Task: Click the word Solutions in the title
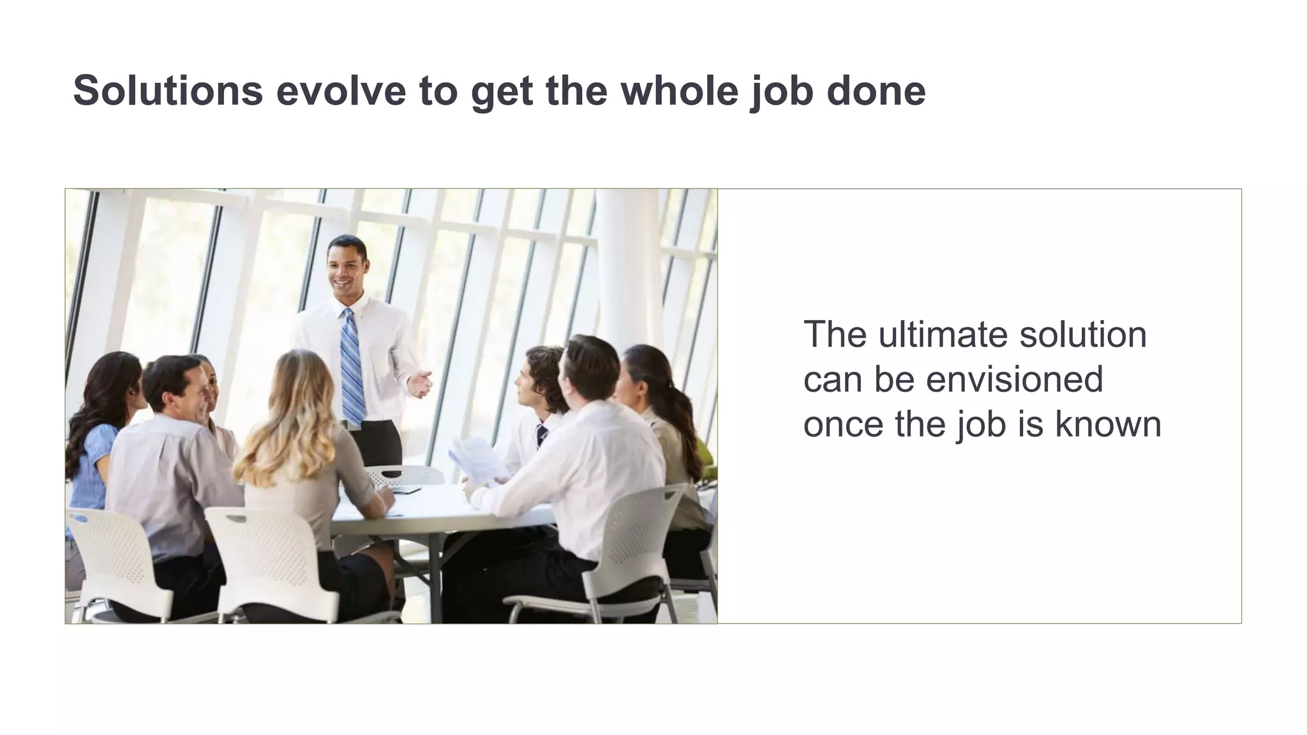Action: (x=168, y=90)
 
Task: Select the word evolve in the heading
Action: (x=341, y=90)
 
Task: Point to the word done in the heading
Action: (x=876, y=90)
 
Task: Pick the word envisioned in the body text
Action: (x=1014, y=379)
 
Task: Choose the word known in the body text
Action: (x=1108, y=424)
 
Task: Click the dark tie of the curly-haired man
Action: (x=542, y=435)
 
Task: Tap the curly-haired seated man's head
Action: (x=542, y=376)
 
